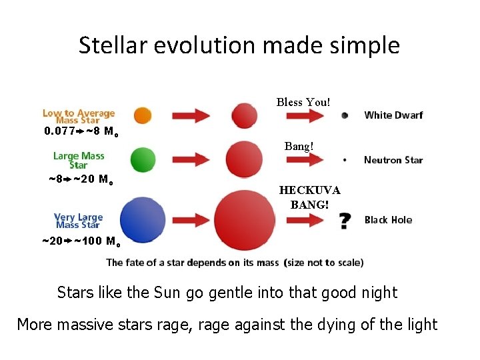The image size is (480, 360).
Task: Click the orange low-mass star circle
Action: click(143, 115)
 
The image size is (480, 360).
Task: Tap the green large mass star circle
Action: click(143, 159)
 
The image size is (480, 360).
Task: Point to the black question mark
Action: click(345, 221)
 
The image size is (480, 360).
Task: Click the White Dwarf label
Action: click(393, 115)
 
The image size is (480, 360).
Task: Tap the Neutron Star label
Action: click(393, 160)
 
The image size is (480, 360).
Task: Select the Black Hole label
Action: click(388, 220)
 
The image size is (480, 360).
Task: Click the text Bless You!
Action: click(303, 102)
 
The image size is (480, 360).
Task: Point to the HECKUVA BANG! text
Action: click(309, 197)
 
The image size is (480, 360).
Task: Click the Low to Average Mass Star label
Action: click(79, 117)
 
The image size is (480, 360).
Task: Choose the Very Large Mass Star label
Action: click(79, 221)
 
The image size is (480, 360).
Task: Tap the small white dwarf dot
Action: click(344, 115)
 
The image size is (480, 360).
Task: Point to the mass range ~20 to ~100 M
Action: click(80, 241)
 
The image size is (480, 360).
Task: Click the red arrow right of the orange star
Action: click(191, 115)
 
